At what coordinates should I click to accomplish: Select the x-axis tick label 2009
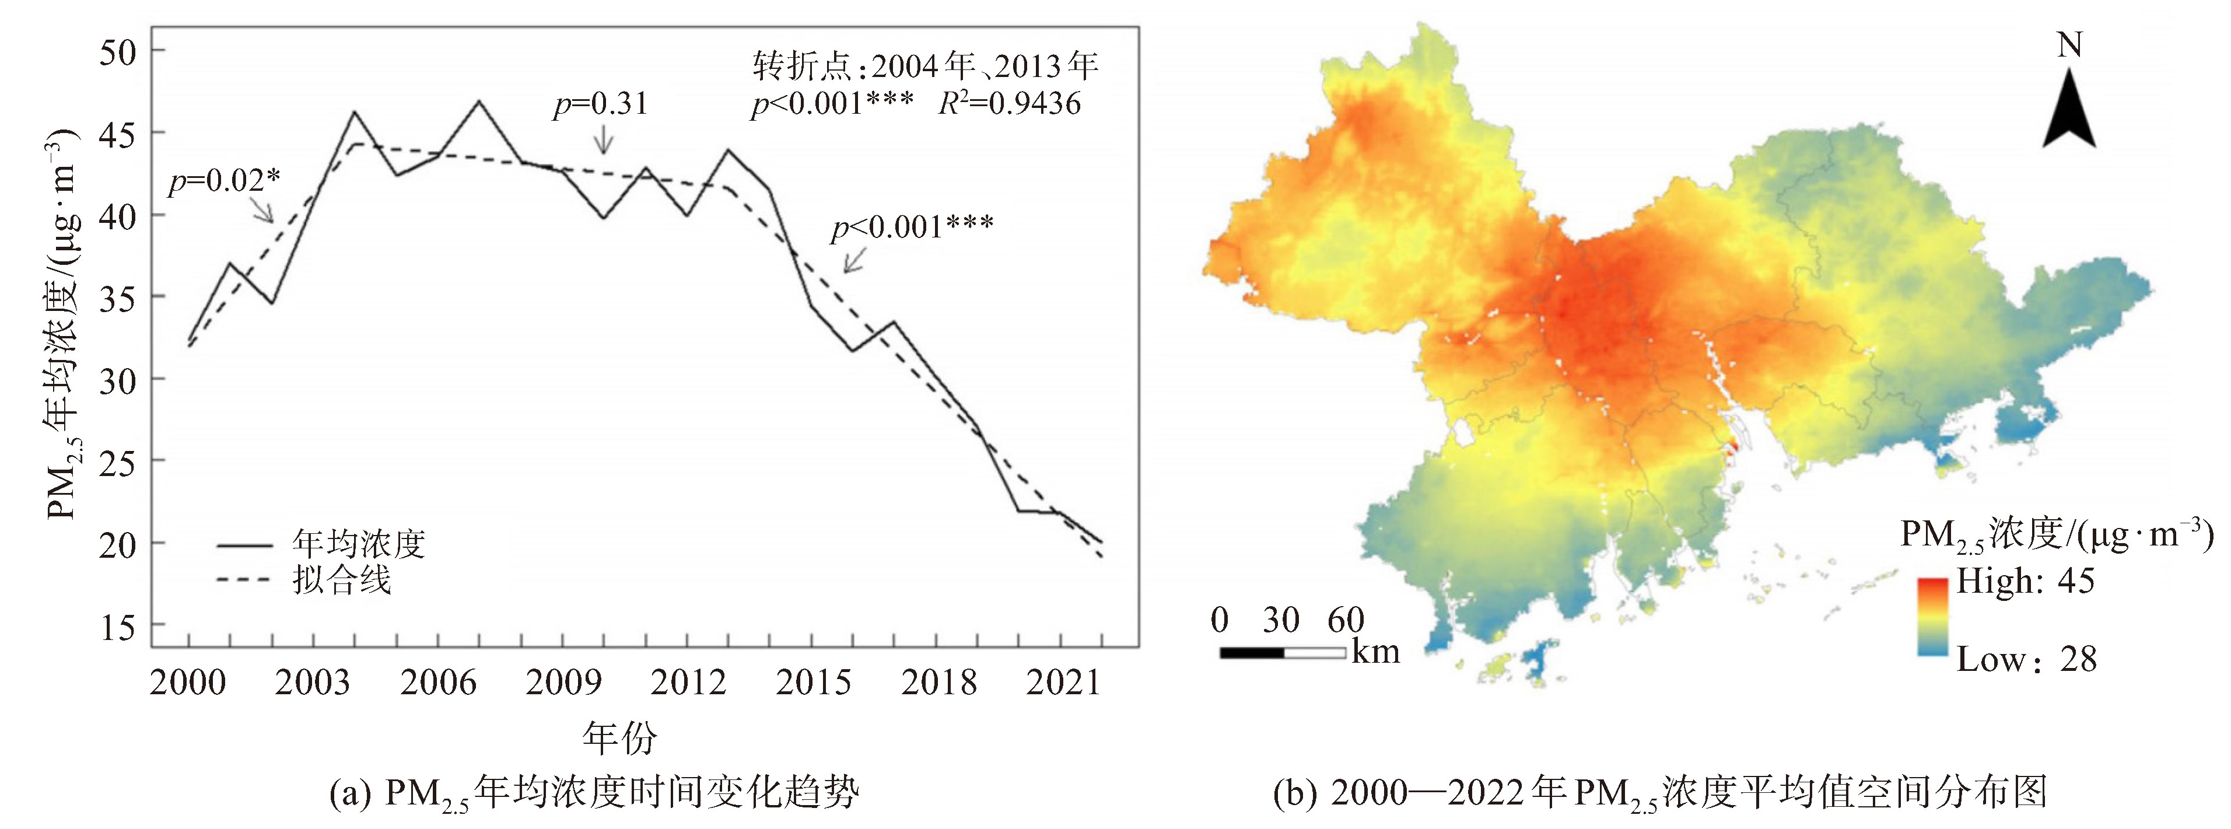pos(563,683)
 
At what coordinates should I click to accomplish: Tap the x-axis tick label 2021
pos(1063,683)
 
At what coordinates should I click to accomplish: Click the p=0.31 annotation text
pos(600,104)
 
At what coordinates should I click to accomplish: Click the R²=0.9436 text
pos(1010,104)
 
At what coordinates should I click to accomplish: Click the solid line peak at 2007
pos(479,102)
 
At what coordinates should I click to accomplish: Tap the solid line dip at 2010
pos(604,218)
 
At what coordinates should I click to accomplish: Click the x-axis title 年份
pos(619,738)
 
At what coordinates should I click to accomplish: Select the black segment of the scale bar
pos(1252,652)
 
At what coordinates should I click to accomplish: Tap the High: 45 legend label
pos(2025,580)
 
